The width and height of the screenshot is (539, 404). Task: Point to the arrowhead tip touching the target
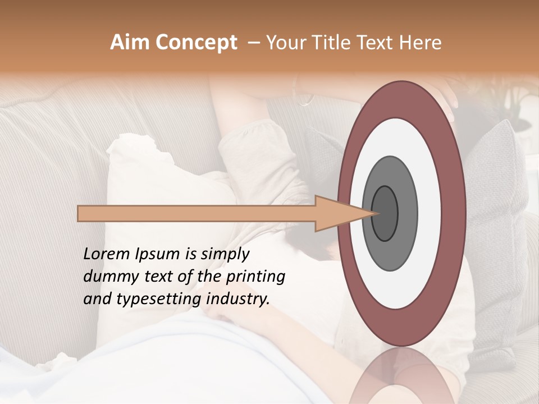pos(374,213)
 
